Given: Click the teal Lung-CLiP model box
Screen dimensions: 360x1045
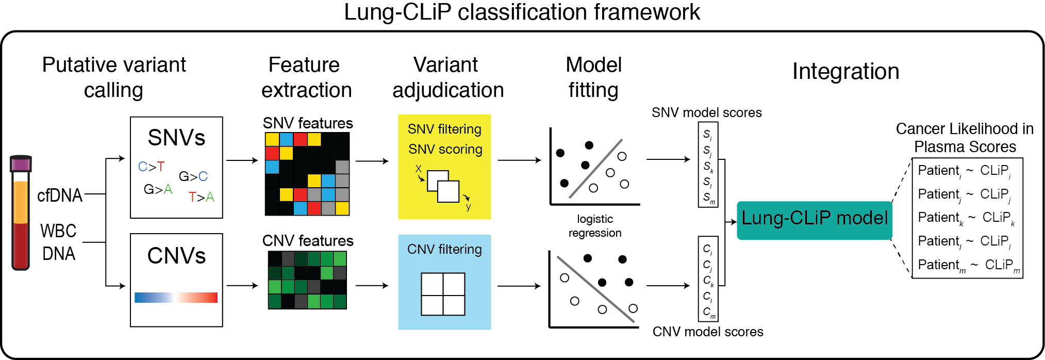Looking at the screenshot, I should click(x=814, y=220).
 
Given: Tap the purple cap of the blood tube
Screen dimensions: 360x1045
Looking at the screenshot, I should click(x=21, y=164).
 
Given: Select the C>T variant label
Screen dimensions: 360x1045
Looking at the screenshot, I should click(x=151, y=167).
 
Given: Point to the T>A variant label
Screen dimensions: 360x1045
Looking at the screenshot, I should click(x=201, y=197).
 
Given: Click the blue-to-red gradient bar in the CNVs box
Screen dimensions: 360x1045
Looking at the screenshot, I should click(x=176, y=298).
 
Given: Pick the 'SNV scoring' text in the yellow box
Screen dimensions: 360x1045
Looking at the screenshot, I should click(x=445, y=150).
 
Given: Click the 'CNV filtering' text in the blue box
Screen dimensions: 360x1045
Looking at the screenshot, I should click(x=444, y=250).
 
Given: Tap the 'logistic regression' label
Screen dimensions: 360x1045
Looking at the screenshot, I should click(x=594, y=226).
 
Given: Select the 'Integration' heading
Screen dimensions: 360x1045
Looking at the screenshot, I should click(x=845, y=71).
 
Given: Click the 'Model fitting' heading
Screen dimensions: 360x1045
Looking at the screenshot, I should click(x=593, y=77).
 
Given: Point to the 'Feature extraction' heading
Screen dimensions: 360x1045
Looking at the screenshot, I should click(x=306, y=77).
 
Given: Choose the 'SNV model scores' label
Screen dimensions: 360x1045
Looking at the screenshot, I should click(x=706, y=112).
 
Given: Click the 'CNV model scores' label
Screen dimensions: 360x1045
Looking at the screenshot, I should click(x=707, y=332).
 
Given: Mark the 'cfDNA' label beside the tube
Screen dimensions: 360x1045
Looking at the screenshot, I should click(x=60, y=195).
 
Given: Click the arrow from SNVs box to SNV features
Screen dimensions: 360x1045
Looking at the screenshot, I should click(x=242, y=160).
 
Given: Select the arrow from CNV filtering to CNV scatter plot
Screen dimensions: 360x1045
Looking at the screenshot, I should click(x=519, y=286).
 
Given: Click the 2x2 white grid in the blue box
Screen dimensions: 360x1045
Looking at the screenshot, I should click(x=443, y=294).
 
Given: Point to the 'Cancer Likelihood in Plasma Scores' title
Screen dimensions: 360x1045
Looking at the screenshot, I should click(x=965, y=138).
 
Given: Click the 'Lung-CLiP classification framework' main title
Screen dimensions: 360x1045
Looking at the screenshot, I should click(x=522, y=12).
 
